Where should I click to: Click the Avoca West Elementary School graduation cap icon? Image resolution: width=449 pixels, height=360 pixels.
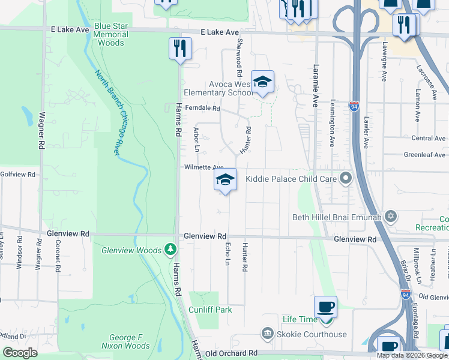click(262, 82)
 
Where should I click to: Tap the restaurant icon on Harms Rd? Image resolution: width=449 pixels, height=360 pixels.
click(180, 49)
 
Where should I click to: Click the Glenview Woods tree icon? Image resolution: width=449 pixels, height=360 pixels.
click(171, 248)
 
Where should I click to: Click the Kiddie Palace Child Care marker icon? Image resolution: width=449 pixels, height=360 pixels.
click(345, 178)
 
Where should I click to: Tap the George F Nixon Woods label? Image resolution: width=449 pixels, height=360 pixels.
click(125, 341)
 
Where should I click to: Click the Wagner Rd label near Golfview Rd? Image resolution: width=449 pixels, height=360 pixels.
click(41, 131)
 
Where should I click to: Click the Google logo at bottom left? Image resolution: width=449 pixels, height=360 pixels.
click(20, 353)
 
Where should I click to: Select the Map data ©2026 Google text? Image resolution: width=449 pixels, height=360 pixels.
click(412, 355)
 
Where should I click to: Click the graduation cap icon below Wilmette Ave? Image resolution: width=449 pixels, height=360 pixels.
click(225, 180)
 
